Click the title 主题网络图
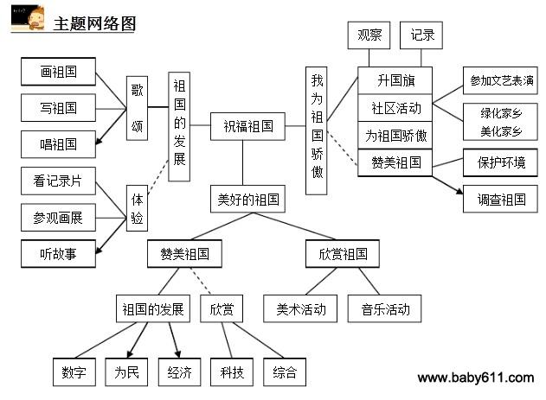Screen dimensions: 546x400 (x=94, y=23)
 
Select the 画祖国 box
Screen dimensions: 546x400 (x=58, y=72)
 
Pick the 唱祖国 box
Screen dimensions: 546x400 (x=58, y=144)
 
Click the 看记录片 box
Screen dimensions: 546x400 (x=58, y=181)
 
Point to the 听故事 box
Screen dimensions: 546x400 (x=58, y=254)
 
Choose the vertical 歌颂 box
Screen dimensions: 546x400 (x=137, y=108)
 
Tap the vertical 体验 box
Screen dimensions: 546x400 (x=137, y=208)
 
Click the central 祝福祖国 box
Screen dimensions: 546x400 (x=247, y=126)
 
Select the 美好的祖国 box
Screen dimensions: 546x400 (x=247, y=199)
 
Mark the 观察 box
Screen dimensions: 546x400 (x=369, y=35)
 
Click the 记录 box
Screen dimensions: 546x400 (x=421, y=35)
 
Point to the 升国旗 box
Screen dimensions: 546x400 (x=395, y=80)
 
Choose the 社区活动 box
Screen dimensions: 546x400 (x=395, y=108)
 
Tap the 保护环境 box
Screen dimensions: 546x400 (x=500, y=162)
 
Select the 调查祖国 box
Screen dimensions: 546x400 (x=500, y=199)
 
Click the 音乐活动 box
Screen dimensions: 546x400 (x=384, y=308)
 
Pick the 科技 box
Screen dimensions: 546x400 (x=232, y=371)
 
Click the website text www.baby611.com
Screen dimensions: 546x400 (x=476, y=378)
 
